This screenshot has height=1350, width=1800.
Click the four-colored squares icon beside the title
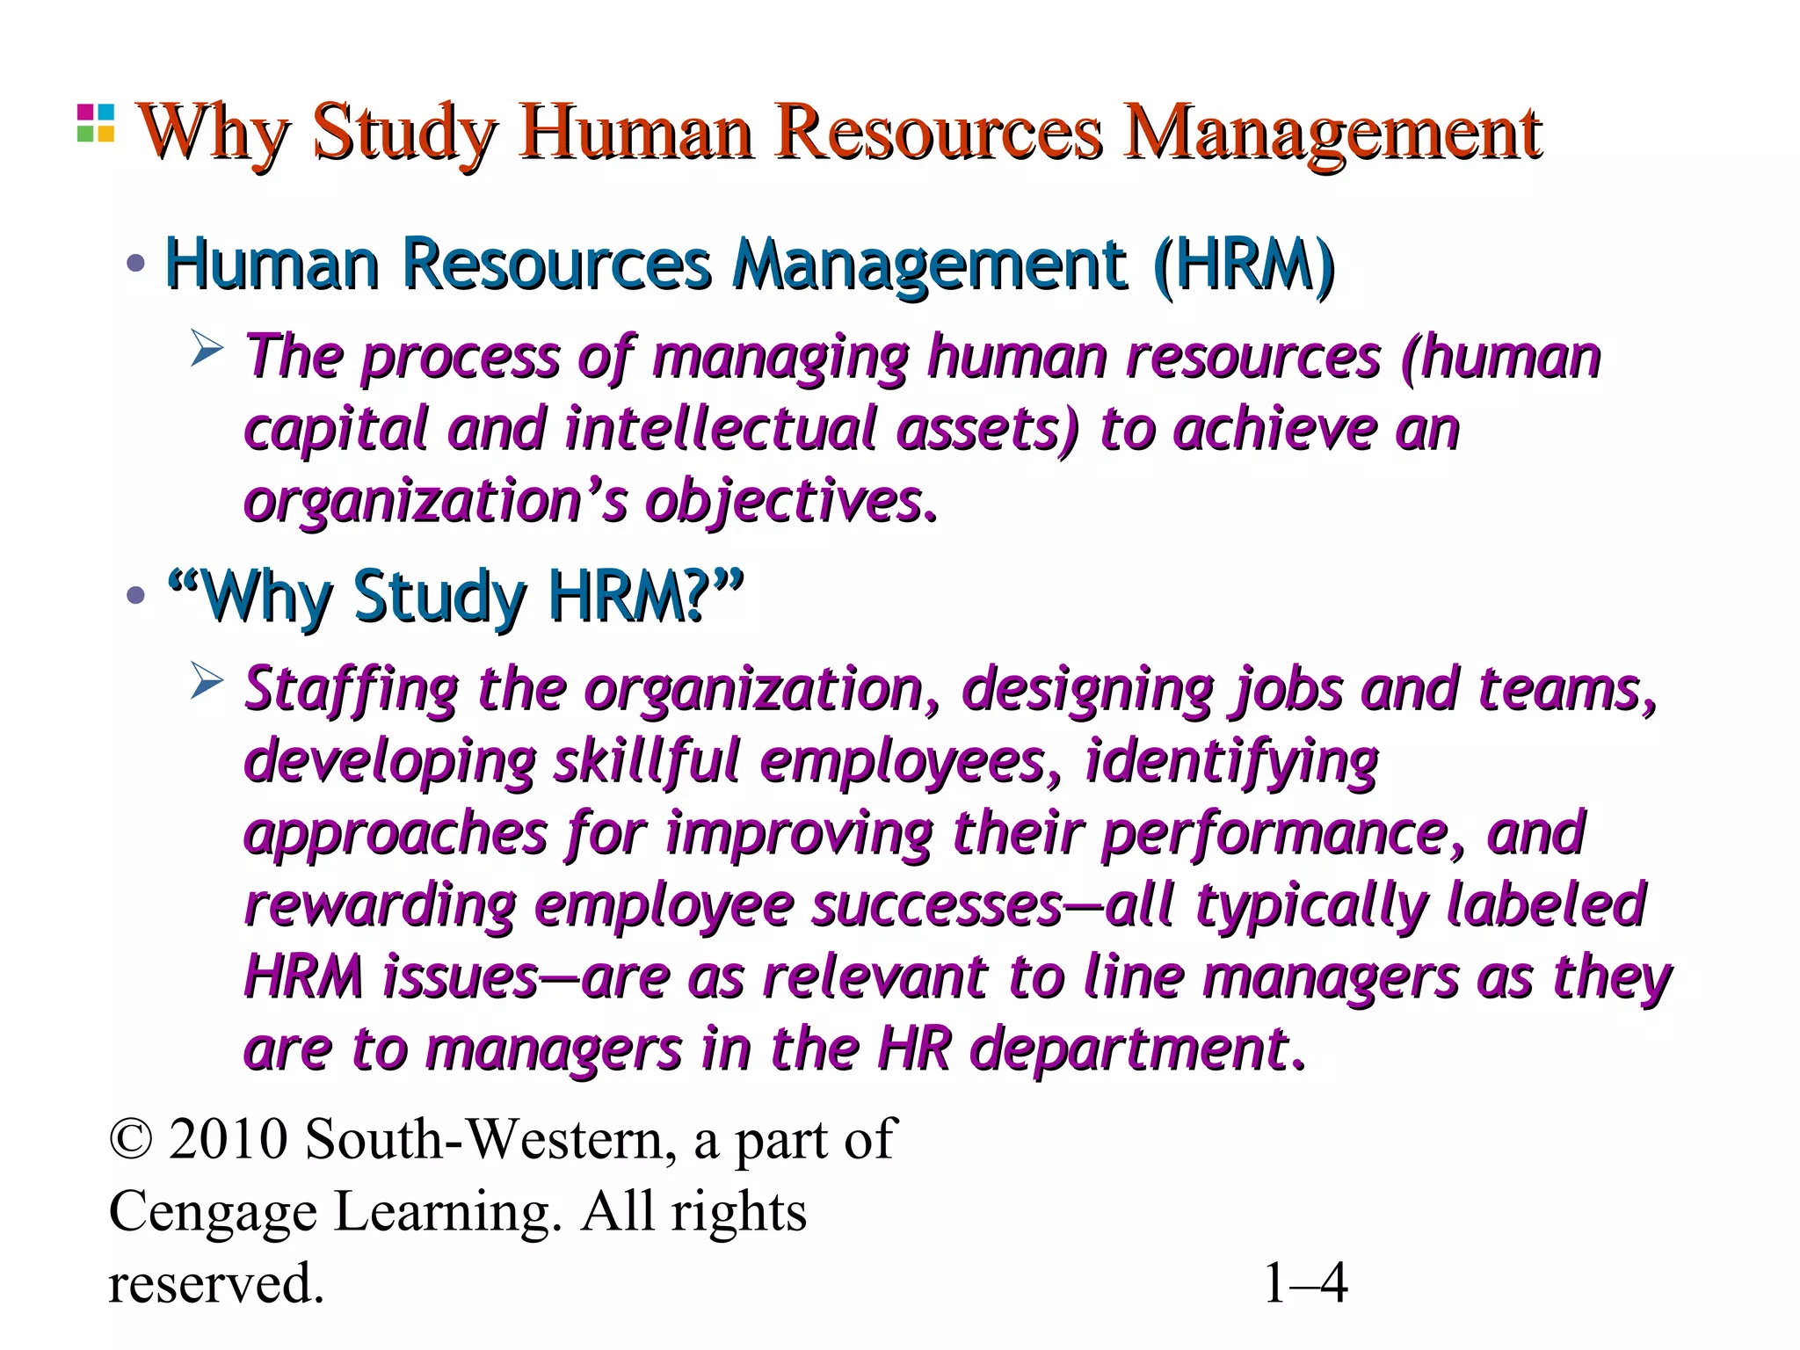pyautogui.click(x=95, y=123)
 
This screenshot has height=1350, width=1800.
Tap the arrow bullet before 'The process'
pyautogui.click(x=207, y=350)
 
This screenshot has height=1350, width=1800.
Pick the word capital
pyautogui.click(x=335, y=430)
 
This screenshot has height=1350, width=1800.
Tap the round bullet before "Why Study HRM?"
pyautogui.click(x=135, y=597)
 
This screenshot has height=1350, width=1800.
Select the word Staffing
pyautogui.click(x=351, y=689)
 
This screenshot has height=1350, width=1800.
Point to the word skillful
pyautogui.click(x=646, y=761)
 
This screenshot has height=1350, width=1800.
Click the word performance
pyautogui.click(x=1275, y=833)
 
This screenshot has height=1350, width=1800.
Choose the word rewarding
pyautogui.click(x=379, y=905)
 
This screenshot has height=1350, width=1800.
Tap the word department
pyautogui.click(x=1129, y=1049)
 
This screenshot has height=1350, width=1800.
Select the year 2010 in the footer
pyautogui.click(x=228, y=1140)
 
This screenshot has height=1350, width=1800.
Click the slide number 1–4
pyautogui.click(x=1304, y=1284)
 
